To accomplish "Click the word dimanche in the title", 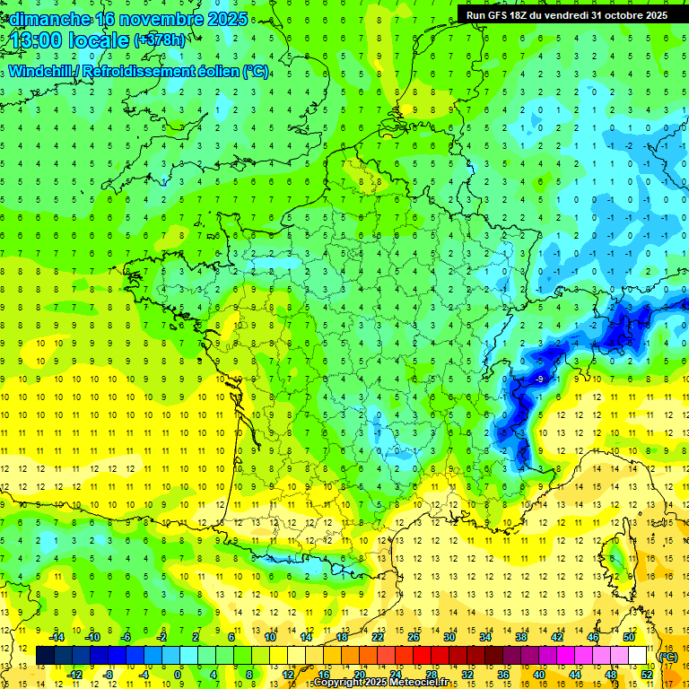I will [x=50, y=19].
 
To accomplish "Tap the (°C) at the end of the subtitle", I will [x=256, y=71].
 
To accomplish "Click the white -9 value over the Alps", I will [x=538, y=380].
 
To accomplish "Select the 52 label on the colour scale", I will [x=646, y=675].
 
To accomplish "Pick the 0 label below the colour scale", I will [x=178, y=675].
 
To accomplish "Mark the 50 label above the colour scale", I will [x=628, y=637].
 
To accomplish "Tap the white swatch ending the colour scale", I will [x=637, y=656].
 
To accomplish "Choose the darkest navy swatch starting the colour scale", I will [x=45, y=656].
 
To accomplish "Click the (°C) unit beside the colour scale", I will [x=667, y=656].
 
